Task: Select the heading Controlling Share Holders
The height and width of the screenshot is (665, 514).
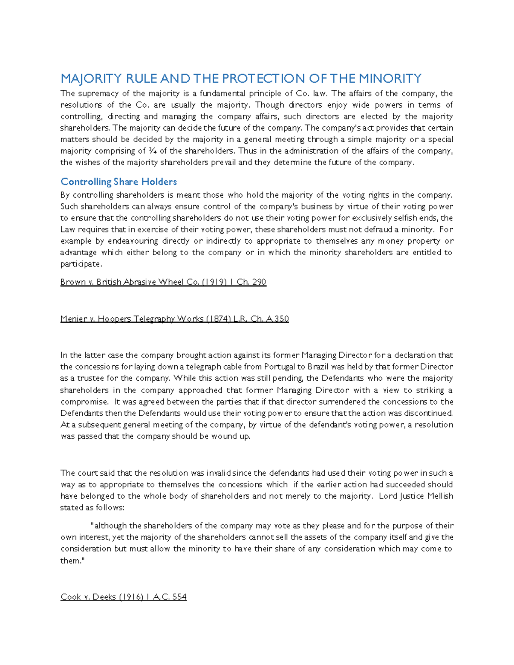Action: (x=119, y=182)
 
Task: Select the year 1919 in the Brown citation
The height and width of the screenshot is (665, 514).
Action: (x=213, y=282)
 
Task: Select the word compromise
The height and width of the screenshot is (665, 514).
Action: (x=84, y=402)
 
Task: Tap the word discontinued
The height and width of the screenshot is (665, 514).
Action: (x=429, y=413)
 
